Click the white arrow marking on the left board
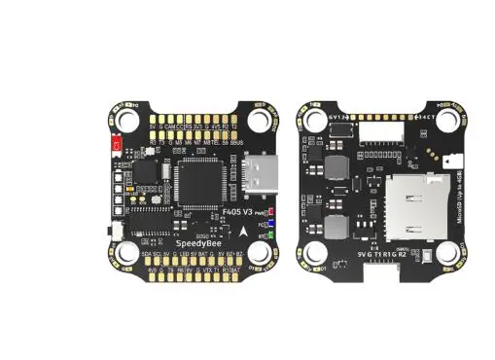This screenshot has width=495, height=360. coord(242,231)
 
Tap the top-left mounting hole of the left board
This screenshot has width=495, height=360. coord(125,119)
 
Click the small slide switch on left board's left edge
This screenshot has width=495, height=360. coord(111,230)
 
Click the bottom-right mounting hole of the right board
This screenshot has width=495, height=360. coord(447,253)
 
